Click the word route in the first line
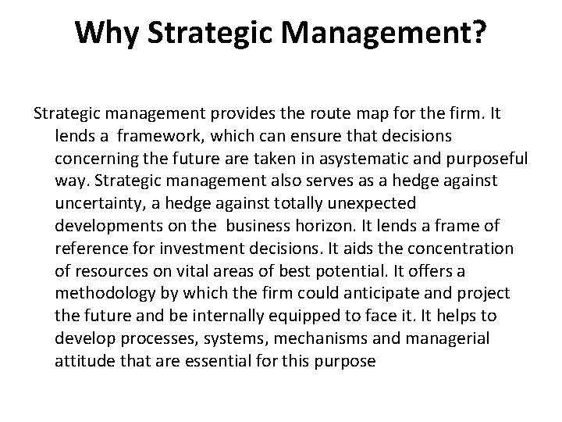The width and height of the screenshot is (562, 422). [x=289, y=113]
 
